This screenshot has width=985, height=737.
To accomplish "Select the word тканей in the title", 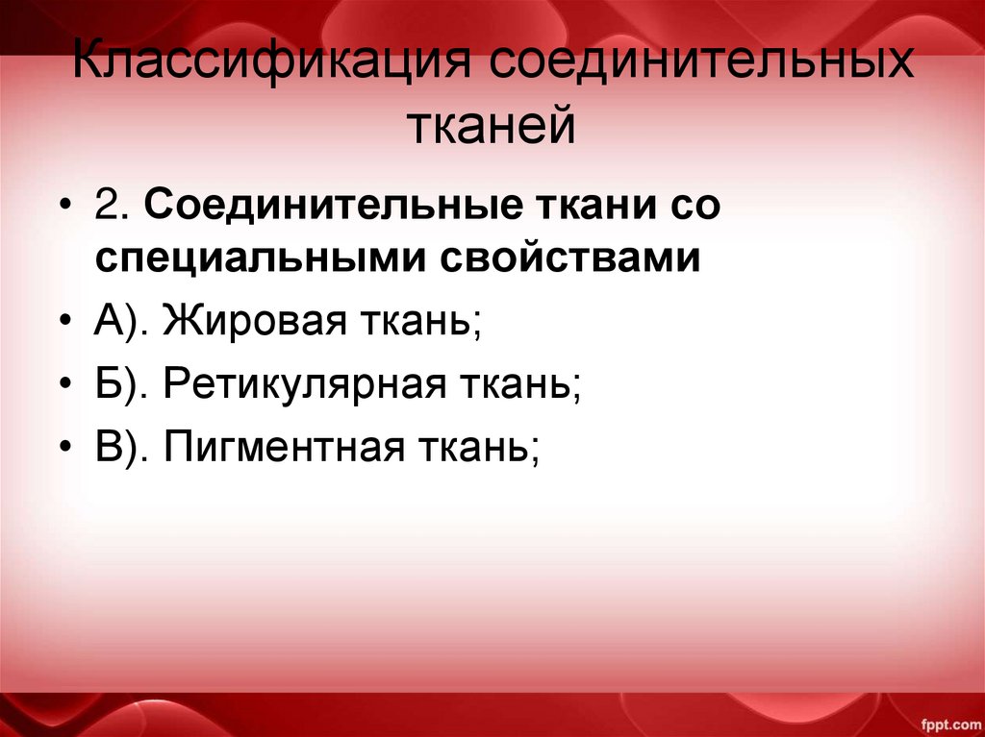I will pos(492,127).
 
